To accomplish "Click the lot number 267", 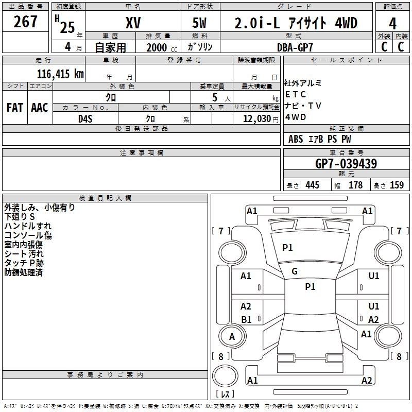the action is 25,22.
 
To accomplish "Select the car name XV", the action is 133,23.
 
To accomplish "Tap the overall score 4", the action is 392,24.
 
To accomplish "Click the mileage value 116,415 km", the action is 60,74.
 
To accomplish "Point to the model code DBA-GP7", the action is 295,47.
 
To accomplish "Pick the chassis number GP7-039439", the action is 346,164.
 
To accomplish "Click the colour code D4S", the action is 85,119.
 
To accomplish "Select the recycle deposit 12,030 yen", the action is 261,119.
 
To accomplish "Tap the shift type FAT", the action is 15,108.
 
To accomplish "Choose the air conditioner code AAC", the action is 40,108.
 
